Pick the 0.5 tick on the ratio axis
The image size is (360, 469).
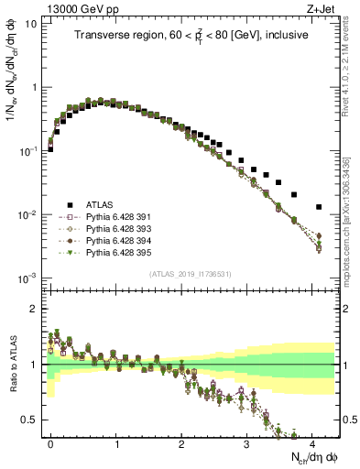tap(30, 420)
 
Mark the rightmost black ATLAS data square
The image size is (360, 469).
tap(319, 207)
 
